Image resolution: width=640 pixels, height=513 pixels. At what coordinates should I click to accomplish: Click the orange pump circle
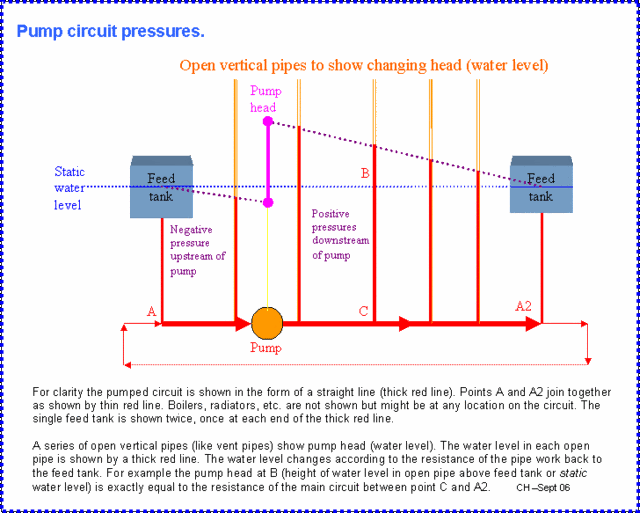pos(267,323)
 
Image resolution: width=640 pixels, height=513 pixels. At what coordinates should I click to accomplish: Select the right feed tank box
pos(541,186)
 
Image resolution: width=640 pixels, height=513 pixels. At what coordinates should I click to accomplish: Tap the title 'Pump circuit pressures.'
pos(110,31)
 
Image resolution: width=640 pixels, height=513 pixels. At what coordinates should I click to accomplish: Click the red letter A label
pos(152,312)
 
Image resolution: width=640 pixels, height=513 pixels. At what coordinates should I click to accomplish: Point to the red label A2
pos(523,306)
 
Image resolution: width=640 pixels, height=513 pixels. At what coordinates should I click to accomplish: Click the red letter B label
pos(365,173)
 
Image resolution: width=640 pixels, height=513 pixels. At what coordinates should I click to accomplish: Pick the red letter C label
pos(363,311)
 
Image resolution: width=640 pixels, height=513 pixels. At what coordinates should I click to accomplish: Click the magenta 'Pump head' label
pos(264,99)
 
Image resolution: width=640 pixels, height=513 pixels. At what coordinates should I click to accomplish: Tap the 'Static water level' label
pos(70,188)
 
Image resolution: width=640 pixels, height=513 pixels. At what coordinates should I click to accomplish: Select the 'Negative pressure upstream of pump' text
pos(197,250)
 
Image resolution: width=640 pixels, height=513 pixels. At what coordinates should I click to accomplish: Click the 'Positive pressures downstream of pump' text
pos(340,234)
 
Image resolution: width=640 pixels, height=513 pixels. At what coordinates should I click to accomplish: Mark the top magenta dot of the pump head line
pos(268,121)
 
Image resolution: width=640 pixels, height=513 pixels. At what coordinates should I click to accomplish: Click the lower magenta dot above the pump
pos(268,202)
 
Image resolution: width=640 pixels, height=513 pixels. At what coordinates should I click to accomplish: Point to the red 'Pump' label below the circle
pos(266,349)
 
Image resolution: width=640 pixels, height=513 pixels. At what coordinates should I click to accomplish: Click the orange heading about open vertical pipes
pos(363,66)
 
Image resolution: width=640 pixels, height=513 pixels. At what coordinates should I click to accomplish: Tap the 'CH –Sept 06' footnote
pos(543,487)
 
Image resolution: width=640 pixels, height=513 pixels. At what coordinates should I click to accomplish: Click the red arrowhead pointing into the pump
pos(242,323)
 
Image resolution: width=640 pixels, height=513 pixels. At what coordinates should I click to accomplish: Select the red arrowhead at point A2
pos(534,323)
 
